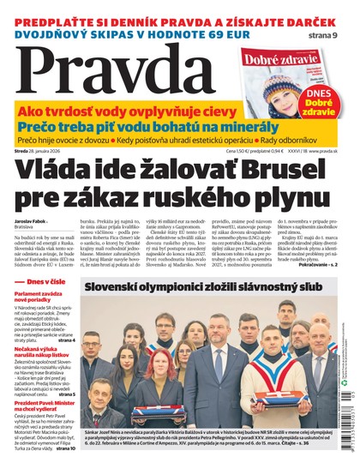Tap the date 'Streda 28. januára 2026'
(x=50, y=151)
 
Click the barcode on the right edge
(x=354, y=425)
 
